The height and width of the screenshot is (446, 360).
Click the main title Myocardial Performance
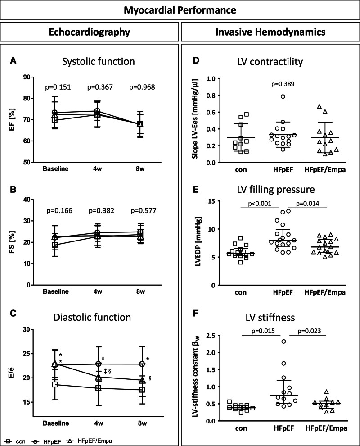pos(180,10)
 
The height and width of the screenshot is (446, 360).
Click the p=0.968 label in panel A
pos(141,87)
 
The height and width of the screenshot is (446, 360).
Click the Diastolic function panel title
pos(96,317)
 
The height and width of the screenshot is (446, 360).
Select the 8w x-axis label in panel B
pos(140,291)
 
